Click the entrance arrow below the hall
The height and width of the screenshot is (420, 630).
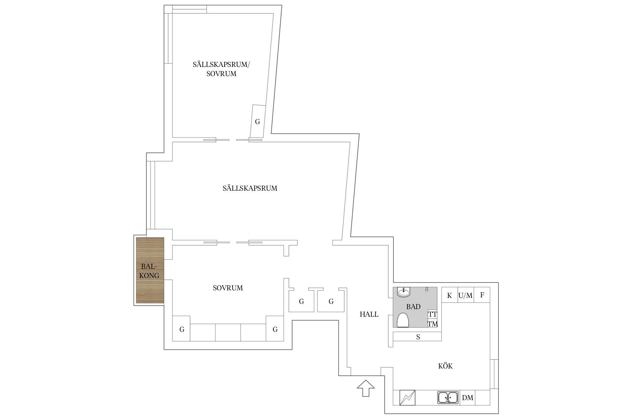coord(366,388)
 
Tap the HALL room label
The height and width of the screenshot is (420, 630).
coord(369,314)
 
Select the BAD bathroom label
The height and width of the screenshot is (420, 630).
coord(413,307)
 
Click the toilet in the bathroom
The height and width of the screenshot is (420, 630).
coord(403,320)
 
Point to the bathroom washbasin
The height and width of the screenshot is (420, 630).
coord(403,292)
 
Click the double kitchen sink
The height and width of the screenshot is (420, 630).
coord(448,398)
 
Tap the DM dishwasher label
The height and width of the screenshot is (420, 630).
coord(468,398)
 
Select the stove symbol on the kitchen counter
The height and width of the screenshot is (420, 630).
coord(407,398)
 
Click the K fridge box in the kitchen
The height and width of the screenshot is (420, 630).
coord(450,295)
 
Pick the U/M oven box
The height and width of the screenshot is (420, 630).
coord(466,295)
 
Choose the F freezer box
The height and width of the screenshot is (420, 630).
coord(482,295)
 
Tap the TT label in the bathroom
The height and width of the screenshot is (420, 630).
coord(433,314)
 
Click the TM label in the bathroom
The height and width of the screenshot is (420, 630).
coord(433,324)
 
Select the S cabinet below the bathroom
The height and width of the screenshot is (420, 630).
coord(417,336)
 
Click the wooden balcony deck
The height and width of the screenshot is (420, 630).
coord(150,270)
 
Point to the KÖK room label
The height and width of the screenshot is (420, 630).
coord(445,366)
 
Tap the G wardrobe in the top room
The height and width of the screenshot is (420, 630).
coord(258,121)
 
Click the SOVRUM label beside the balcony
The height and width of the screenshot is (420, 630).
coord(228,288)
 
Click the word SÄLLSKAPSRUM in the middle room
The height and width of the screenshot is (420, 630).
coord(250,188)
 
